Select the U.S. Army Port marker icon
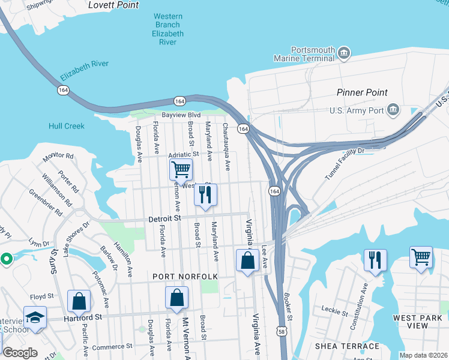click(393, 110)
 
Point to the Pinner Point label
click(362, 92)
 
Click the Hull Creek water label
click(67, 126)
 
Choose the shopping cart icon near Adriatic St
click(181, 169)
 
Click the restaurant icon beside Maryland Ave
click(205, 194)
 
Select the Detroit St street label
click(164, 220)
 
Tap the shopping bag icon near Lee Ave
click(247, 260)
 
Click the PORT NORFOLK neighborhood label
click(185, 276)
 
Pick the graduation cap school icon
click(35, 316)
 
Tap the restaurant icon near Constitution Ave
click(375, 259)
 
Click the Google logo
click(20, 353)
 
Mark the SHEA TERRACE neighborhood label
click(347, 346)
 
